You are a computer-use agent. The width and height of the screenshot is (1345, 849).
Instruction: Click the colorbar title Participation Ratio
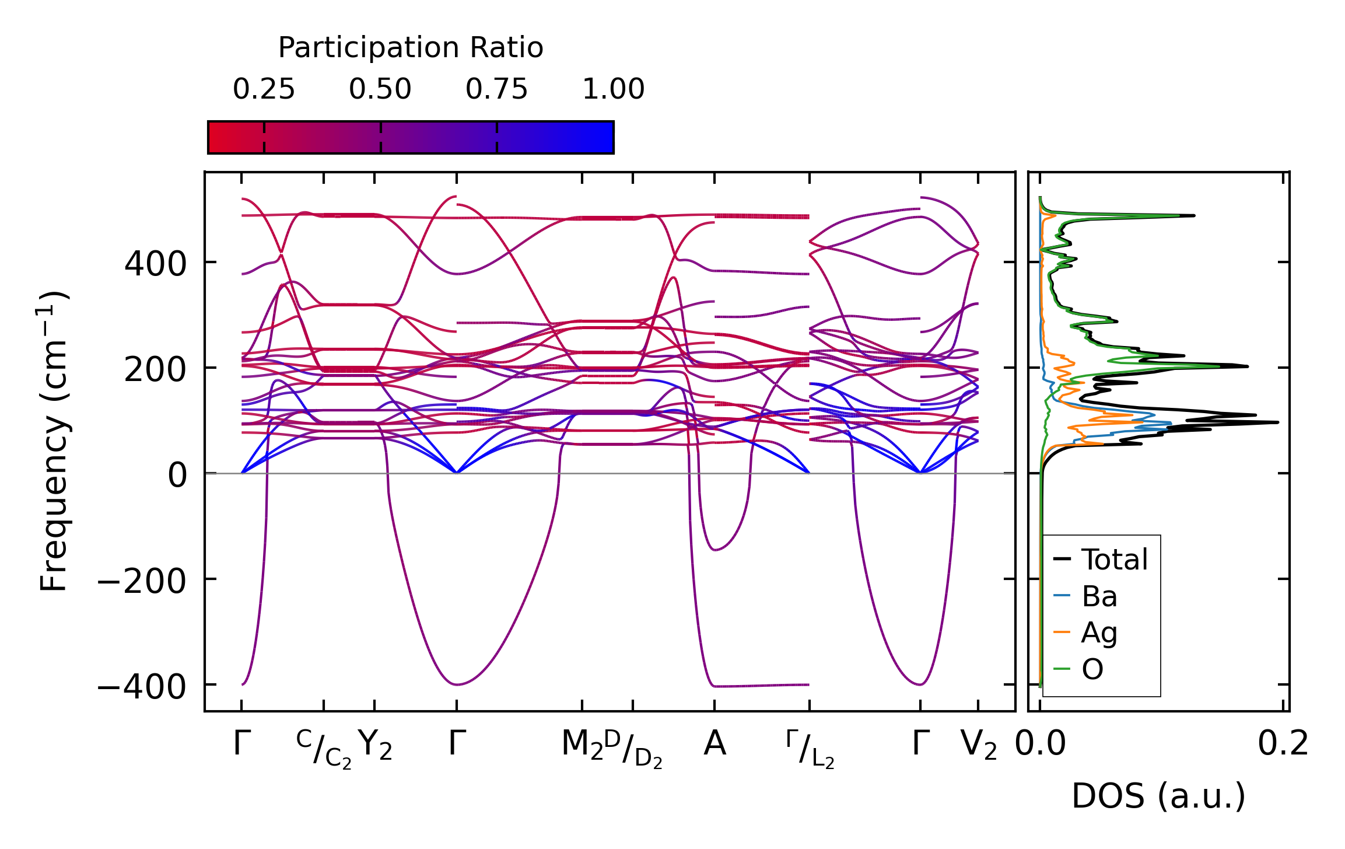point(411,48)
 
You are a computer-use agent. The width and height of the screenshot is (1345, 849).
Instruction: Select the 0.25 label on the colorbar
point(264,89)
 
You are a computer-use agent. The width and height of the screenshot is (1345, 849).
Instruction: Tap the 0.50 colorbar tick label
point(380,89)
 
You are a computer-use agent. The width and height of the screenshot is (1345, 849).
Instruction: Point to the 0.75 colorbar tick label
point(496,89)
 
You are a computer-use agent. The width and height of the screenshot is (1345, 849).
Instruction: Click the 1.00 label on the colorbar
point(614,89)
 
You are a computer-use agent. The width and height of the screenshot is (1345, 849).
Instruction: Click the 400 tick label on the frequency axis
point(155,264)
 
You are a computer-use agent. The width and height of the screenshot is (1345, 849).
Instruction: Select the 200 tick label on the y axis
point(155,369)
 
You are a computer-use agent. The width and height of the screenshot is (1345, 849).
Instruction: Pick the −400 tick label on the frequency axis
point(142,686)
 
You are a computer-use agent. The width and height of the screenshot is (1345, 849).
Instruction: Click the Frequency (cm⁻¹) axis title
point(54,441)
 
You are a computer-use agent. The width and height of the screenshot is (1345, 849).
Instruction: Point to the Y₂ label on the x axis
point(375,745)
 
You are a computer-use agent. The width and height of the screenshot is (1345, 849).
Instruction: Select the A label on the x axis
point(714,744)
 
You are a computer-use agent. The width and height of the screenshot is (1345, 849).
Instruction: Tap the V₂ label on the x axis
point(979,745)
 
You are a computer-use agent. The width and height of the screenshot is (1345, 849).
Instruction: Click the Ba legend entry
point(1099,596)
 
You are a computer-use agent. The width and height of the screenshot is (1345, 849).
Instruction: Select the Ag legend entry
point(1099,633)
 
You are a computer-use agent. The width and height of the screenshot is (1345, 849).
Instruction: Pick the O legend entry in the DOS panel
point(1092,669)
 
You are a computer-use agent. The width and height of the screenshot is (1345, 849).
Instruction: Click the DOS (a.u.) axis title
point(1158,796)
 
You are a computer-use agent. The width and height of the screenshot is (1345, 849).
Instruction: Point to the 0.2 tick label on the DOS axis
point(1283,744)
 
